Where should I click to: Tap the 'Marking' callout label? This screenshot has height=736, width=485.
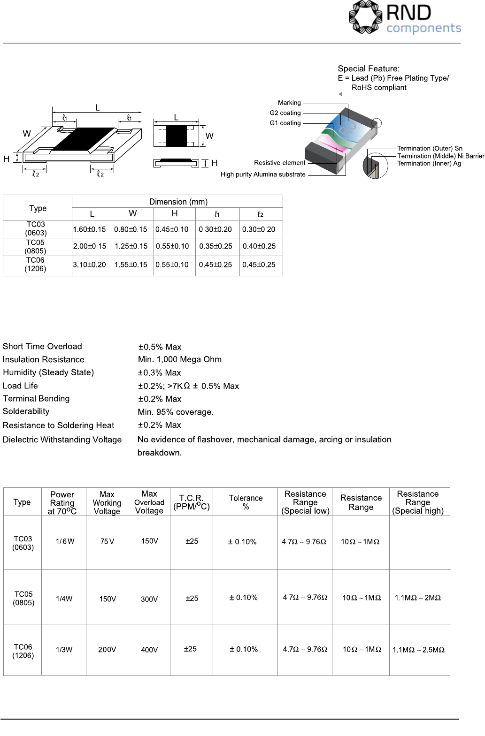(289, 103)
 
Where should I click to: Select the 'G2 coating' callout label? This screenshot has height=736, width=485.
(285, 113)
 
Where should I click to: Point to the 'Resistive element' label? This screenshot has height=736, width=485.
(279, 163)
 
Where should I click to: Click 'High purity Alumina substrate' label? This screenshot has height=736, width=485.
(263, 175)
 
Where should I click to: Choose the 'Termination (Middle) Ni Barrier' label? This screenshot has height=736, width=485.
(440, 156)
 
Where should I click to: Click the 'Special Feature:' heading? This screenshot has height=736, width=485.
(369, 68)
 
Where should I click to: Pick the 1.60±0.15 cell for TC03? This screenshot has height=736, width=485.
(89, 229)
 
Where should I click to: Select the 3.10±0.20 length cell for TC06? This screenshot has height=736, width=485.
(89, 265)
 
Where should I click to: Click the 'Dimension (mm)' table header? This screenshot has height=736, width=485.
(178, 202)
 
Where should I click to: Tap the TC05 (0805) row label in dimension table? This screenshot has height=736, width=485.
(36, 247)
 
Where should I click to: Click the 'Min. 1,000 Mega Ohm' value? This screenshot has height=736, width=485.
(180, 359)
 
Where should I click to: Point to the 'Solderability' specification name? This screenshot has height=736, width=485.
(26, 411)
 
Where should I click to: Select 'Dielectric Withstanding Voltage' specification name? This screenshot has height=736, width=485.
(62, 440)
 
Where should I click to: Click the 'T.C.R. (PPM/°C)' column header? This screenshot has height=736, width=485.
(191, 502)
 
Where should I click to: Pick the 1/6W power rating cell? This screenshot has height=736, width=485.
(65, 541)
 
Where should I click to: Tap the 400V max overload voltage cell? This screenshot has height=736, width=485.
(149, 650)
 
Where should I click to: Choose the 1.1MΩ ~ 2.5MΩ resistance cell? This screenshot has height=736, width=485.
(418, 650)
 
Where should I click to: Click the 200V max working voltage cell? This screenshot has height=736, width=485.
(107, 650)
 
